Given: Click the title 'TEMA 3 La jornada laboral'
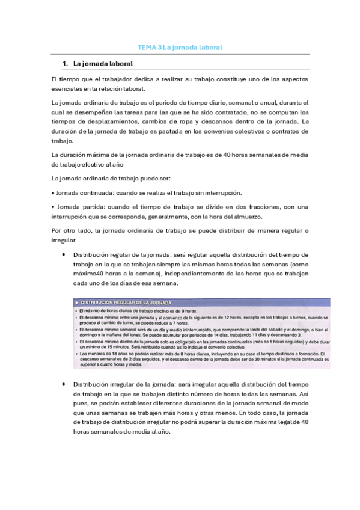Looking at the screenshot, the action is tap(180, 47).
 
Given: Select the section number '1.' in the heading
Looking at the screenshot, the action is tap(66, 64).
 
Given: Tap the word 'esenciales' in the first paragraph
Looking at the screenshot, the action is tap(67, 88).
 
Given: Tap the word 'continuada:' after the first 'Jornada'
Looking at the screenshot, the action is tap(99, 192).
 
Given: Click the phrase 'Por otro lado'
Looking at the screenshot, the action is tap(73, 231).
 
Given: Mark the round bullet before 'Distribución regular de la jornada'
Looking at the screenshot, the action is tap(64, 254).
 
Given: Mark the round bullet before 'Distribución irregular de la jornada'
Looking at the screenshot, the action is tap(64, 383).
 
